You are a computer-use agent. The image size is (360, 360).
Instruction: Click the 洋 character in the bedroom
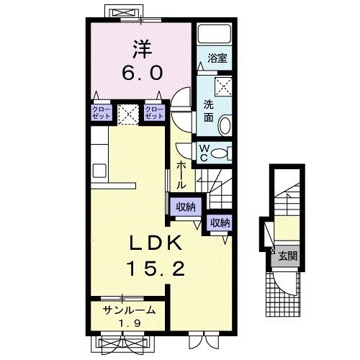(x=142, y=50)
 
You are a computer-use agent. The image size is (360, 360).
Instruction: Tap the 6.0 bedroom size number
(x=143, y=73)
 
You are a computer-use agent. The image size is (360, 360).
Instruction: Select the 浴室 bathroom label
(x=217, y=58)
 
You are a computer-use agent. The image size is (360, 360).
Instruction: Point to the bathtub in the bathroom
(x=215, y=33)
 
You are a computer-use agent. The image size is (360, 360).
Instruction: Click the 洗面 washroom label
(x=209, y=111)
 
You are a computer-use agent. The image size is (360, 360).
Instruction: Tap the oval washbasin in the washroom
(x=225, y=125)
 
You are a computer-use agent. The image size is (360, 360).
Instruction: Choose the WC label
(x=204, y=153)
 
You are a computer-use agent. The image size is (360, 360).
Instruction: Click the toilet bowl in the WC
(x=220, y=153)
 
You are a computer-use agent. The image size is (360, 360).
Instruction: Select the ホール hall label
(x=181, y=175)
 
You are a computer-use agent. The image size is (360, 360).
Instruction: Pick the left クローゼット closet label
(x=102, y=112)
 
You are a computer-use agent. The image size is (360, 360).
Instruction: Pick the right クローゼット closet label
(x=154, y=112)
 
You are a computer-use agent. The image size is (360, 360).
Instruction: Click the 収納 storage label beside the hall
(x=186, y=207)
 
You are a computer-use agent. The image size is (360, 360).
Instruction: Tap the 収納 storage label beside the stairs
(x=220, y=223)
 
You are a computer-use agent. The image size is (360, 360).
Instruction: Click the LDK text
(x=156, y=243)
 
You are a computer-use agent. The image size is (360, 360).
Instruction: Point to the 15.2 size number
(x=156, y=269)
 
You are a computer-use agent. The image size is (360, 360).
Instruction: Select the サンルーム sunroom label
(x=129, y=310)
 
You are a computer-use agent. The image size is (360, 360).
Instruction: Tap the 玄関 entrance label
(x=288, y=256)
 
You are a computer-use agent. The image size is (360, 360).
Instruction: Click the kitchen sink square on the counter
(x=99, y=171)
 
